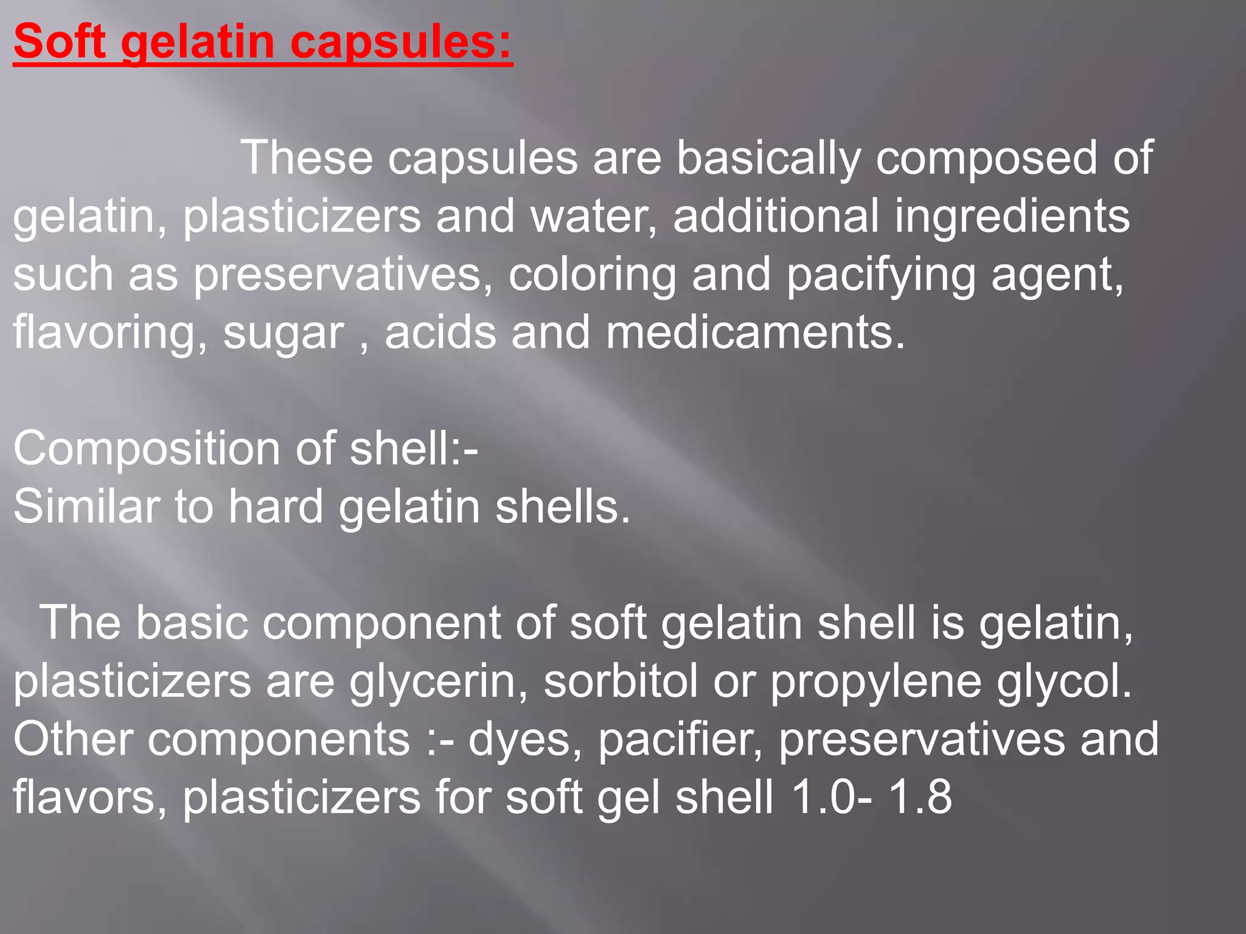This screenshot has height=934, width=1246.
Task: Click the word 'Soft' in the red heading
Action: (60, 41)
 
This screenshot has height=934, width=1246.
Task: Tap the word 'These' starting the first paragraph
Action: (307, 158)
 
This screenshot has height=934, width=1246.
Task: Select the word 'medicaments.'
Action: (756, 333)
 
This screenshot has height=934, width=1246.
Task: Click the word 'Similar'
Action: (86, 507)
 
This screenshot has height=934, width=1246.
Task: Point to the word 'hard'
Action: (276, 507)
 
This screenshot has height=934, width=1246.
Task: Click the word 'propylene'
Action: (875, 682)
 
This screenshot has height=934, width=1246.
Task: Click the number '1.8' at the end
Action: (920, 797)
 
